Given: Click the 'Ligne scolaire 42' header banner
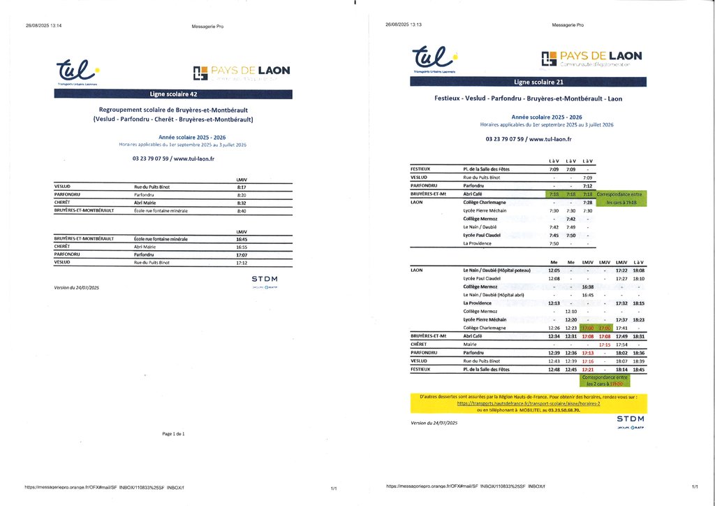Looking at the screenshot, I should [x=173, y=94].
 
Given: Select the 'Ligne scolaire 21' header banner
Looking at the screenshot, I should [x=528, y=82].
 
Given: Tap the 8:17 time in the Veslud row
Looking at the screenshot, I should [x=242, y=187].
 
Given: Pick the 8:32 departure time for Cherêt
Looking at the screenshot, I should [x=242, y=203].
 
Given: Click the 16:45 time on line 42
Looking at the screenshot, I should [x=242, y=239].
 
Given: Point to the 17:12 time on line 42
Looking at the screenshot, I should [x=242, y=263].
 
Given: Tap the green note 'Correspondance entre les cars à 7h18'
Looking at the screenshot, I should [x=621, y=198].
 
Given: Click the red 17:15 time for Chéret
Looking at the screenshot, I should [x=605, y=345].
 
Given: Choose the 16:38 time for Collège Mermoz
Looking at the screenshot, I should [x=587, y=287].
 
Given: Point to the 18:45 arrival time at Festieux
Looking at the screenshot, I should [x=638, y=370].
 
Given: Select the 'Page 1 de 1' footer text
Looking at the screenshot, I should [x=173, y=434].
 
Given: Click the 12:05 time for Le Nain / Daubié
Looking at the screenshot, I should [x=554, y=270].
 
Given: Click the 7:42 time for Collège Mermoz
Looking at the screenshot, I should [x=570, y=219].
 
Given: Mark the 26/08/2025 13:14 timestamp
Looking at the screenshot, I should [x=44, y=25].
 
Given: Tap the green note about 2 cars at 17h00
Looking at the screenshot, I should [x=605, y=381].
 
